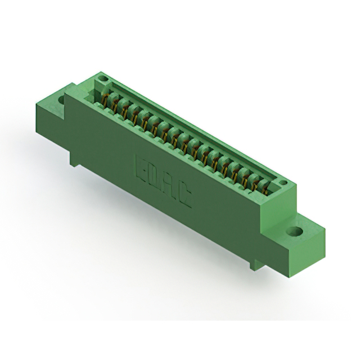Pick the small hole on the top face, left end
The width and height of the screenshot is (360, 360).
pyautogui.click(x=103, y=79)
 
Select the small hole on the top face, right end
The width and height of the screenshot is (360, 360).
pyautogui.click(x=284, y=183)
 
